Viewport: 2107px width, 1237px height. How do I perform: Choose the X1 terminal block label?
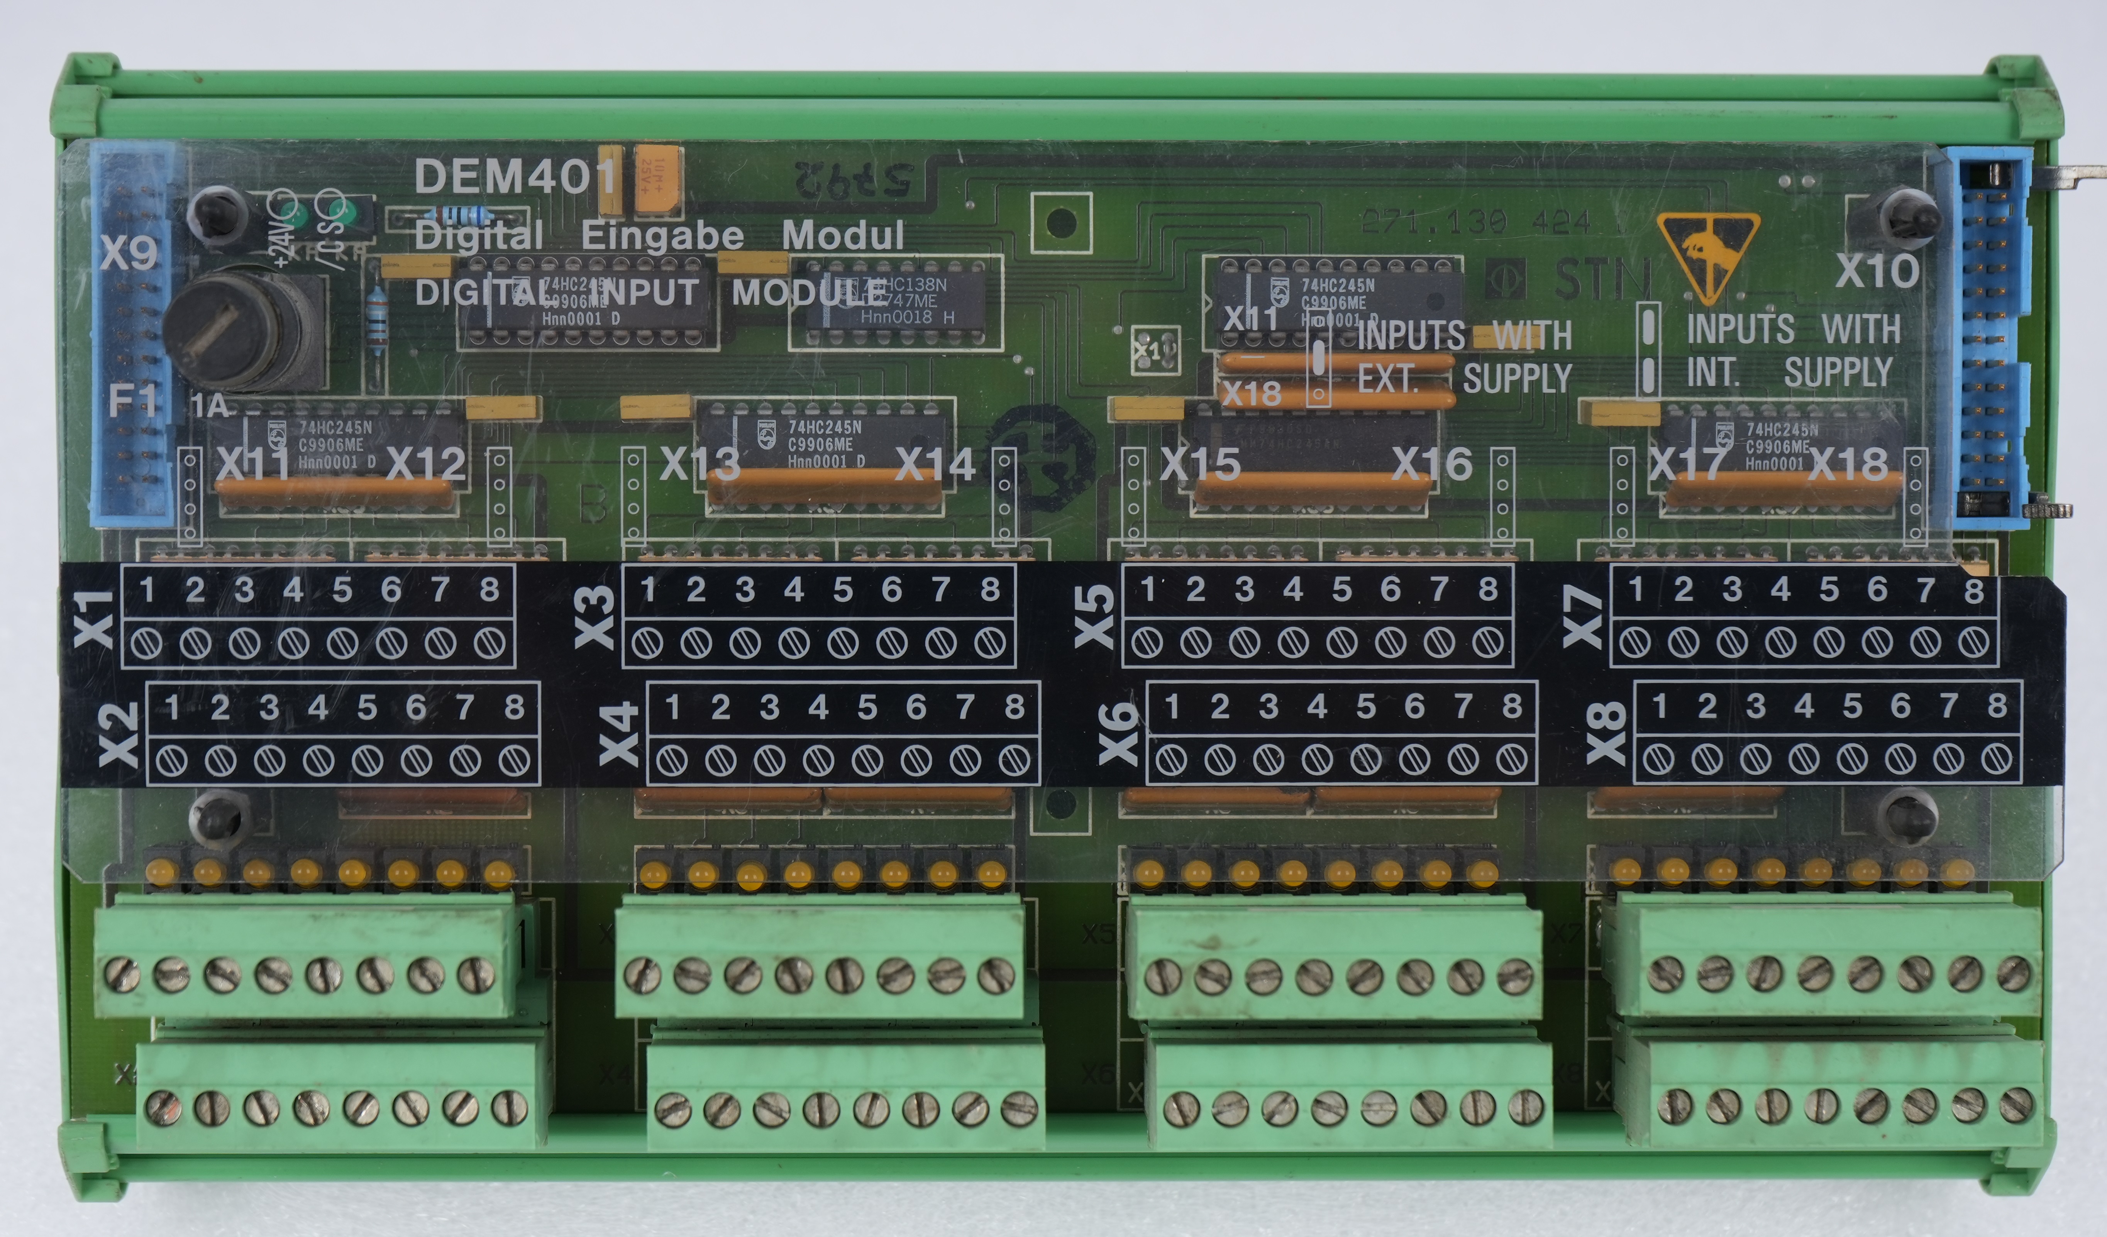tap(95, 618)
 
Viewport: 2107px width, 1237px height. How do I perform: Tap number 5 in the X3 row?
tap(843, 590)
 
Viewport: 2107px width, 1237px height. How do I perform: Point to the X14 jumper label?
tap(935, 465)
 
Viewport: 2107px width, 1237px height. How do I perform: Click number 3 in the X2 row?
tap(268, 708)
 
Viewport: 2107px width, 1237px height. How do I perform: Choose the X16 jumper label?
tap(1431, 465)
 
